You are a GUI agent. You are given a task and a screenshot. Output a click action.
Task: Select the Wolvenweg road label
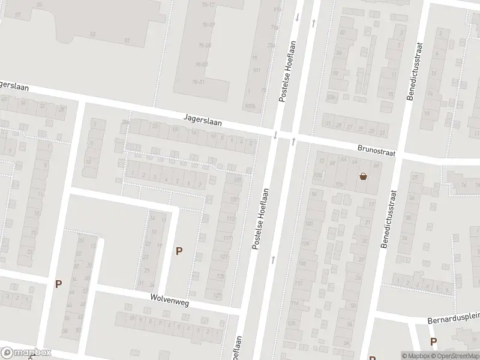pyautogui.click(x=170, y=301)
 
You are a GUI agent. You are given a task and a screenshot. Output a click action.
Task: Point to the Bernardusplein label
pyautogui.click(x=453, y=320)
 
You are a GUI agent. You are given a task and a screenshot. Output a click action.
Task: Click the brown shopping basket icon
pyautogui.click(x=363, y=176)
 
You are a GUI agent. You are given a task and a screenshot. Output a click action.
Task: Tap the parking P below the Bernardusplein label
pyautogui.click(x=433, y=341)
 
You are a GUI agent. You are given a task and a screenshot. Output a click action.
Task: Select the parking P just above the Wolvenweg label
pyautogui.click(x=179, y=251)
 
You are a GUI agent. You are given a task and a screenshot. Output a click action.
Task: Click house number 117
pyautogui.click(x=227, y=239)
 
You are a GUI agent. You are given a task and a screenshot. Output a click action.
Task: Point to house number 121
pyautogui.click(x=223, y=257)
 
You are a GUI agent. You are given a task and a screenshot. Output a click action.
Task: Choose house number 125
pyautogui.click(x=220, y=277)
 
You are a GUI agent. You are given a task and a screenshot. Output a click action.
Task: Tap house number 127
pyautogui.click(x=217, y=295)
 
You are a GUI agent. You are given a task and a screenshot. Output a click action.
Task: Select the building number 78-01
pyautogui.click(x=198, y=82)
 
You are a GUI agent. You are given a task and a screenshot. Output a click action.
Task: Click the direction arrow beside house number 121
pyautogui.click(x=273, y=259)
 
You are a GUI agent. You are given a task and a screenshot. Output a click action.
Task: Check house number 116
pyautogui.click(x=294, y=304)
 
